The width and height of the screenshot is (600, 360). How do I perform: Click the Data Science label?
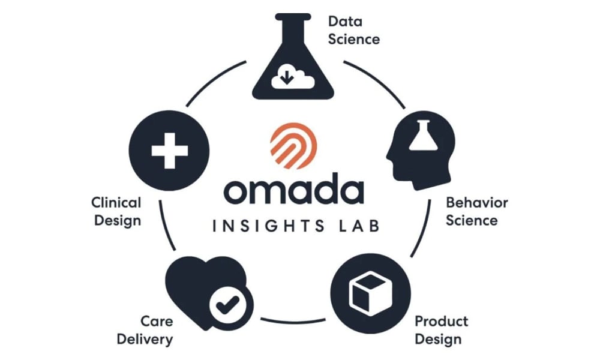click(x=354, y=30)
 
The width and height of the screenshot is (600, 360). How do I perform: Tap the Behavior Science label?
click(x=477, y=211)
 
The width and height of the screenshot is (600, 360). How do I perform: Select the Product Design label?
click(x=441, y=330)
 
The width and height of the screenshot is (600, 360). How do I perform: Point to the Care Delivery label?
click(x=145, y=330)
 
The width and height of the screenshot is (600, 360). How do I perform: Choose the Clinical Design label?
click(x=116, y=211)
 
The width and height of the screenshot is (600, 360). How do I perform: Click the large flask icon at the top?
click(x=293, y=56)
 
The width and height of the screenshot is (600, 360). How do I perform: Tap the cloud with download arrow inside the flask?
click(x=293, y=77)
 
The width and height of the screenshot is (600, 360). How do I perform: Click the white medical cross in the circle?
click(x=170, y=151)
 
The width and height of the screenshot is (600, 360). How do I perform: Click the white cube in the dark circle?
click(x=371, y=293)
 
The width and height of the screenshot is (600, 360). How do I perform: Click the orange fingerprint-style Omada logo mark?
click(x=293, y=146)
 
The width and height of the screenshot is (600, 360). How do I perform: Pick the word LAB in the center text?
click(x=359, y=226)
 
